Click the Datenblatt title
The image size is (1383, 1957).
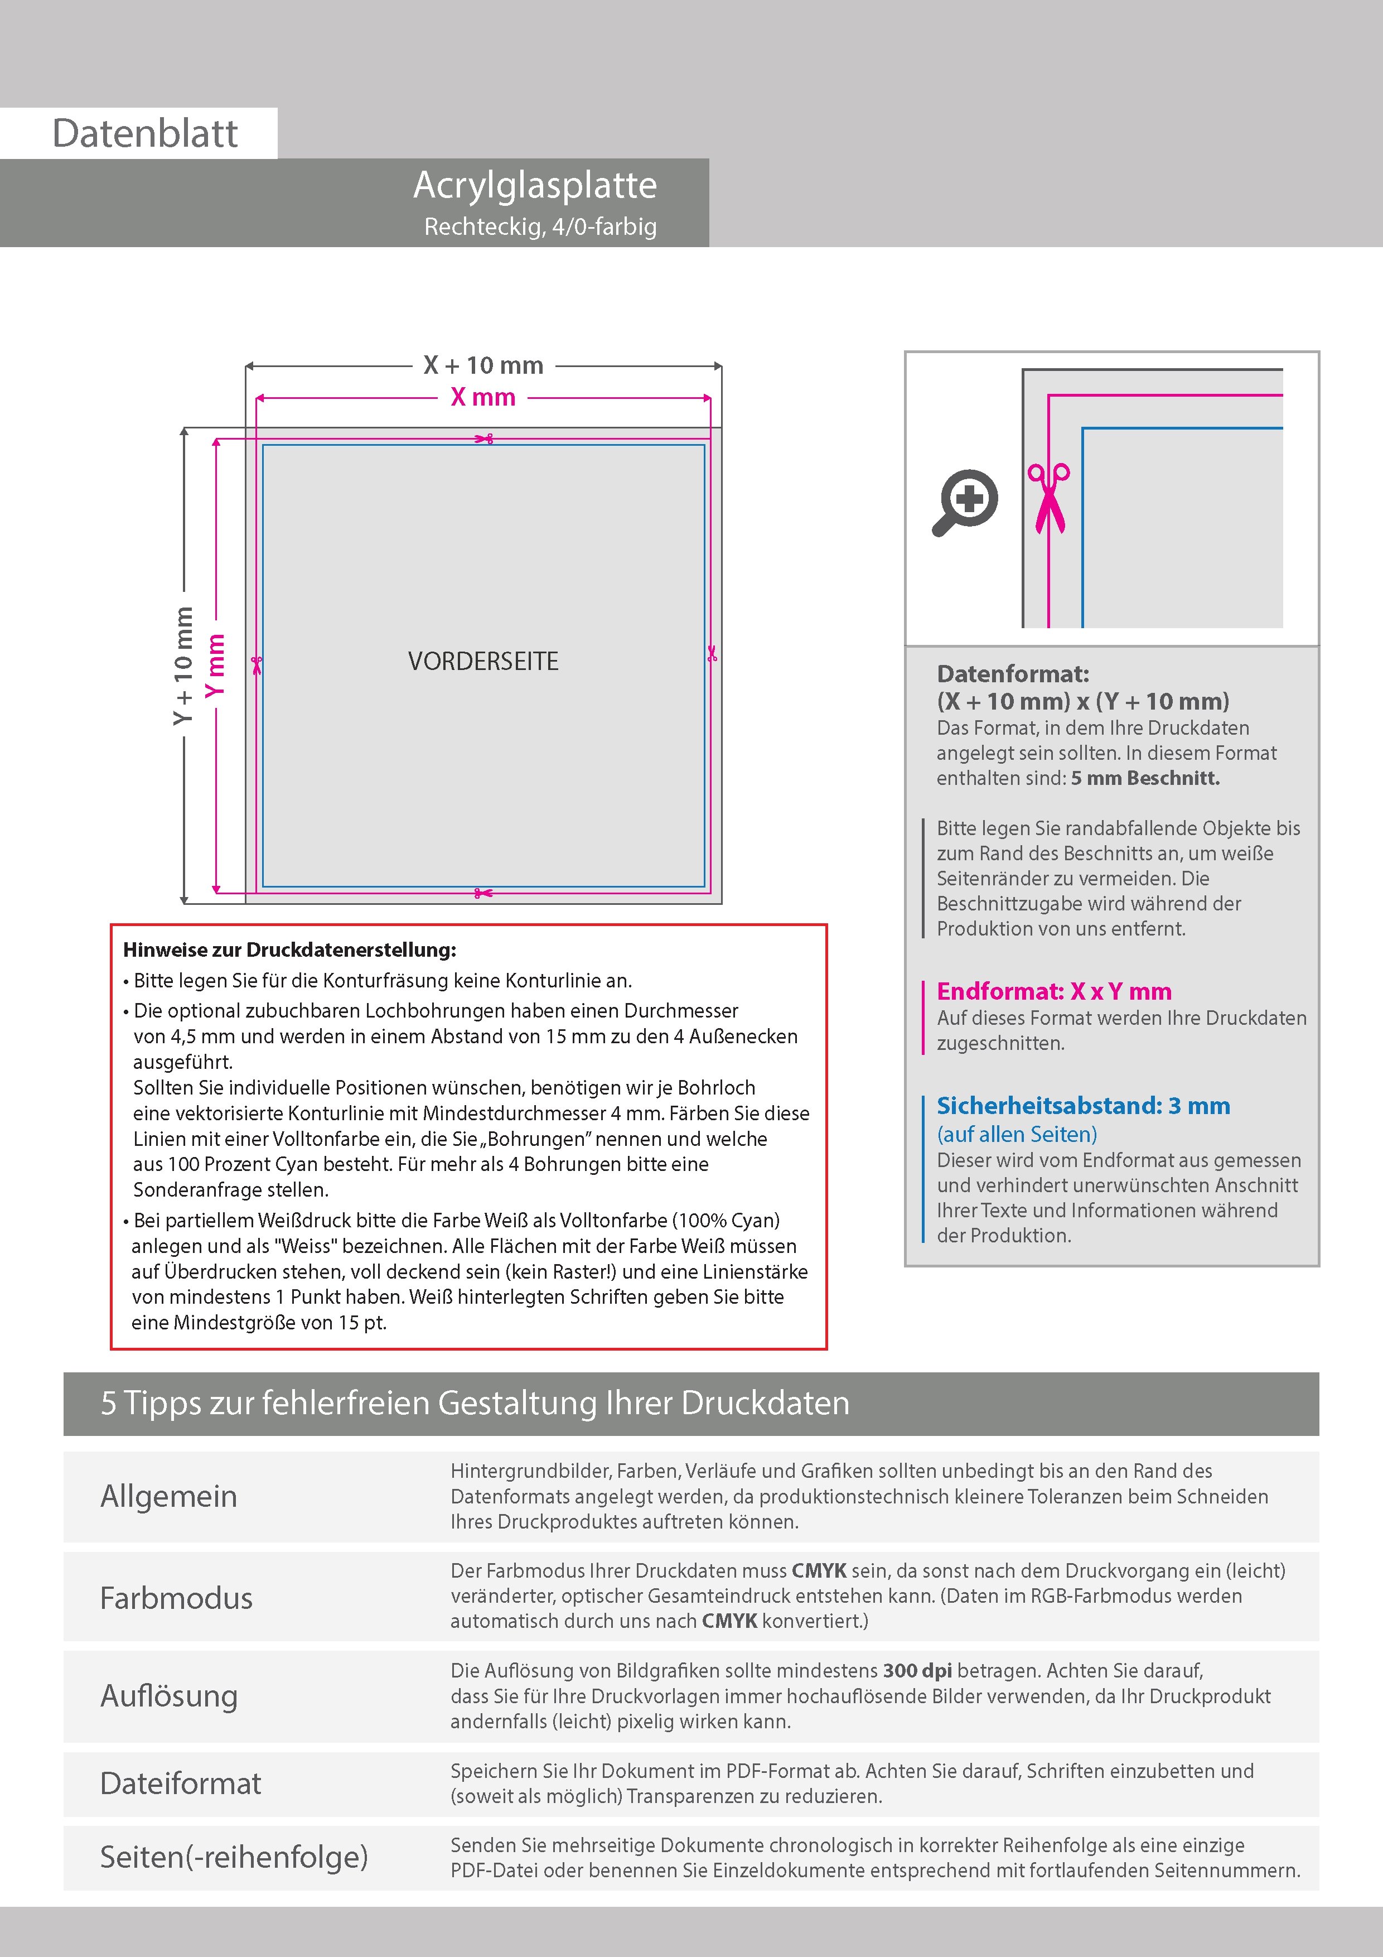[145, 134]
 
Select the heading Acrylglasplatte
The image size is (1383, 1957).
[535, 186]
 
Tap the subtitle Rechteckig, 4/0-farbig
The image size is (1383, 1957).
[540, 226]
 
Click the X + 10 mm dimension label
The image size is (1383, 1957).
[483, 365]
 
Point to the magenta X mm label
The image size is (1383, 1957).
[483, 397]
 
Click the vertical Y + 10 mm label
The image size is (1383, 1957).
[183, 666]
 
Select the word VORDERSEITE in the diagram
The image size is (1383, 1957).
[483, 662]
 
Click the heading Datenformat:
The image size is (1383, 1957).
[1012, 674]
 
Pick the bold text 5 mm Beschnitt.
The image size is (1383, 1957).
[1145, 778]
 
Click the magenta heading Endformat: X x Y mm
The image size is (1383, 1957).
[1054, 991]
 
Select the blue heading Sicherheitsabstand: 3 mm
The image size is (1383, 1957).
[1083, 1106]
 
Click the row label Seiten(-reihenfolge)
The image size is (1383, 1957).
[234, 1857]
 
